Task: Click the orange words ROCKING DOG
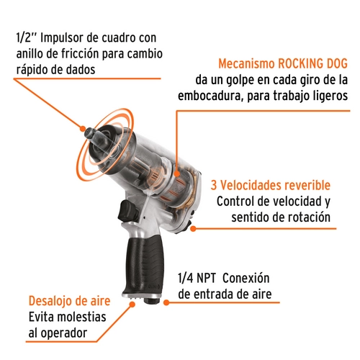pos(312,64)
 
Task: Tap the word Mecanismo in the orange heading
pos(246,64)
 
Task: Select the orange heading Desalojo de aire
pos(69,301)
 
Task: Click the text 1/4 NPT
pos(197,278)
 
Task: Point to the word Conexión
pos(246,278)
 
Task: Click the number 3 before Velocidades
pos(214,185)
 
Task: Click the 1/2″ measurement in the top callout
pos(26,38)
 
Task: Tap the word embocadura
pos(210,96)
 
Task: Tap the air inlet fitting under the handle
pos(151,300)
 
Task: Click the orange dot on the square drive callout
pos(83,129)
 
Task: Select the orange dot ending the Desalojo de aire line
pos(132,305)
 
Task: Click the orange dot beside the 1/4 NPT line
pos(166,302)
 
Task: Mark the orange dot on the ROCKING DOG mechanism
pos(177,174)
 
